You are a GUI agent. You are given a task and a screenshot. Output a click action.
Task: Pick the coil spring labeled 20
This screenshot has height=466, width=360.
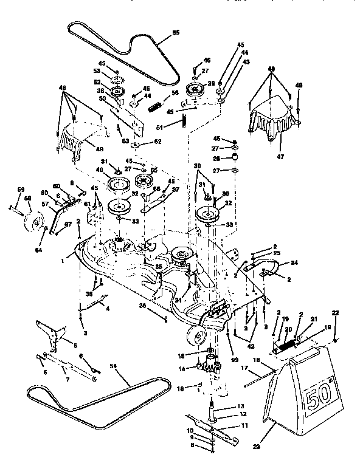tap(286, 347)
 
